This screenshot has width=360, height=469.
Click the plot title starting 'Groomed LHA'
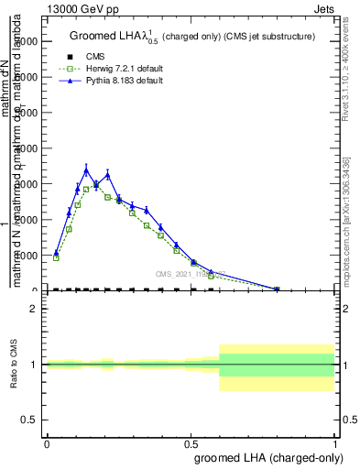point(192,37)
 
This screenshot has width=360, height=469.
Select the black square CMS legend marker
point(70,57)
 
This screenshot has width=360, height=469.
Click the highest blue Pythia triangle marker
point(86,170)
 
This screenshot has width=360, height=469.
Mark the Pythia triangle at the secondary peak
point(108,175)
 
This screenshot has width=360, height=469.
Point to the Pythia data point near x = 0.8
point(277,289)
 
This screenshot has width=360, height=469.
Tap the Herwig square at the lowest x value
point(56,257)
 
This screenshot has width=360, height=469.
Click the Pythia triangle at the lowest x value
point(56,253)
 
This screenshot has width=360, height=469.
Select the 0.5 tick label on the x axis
point(191,443)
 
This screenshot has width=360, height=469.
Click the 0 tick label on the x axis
point(47,443)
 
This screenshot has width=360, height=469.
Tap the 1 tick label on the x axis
point(334,443)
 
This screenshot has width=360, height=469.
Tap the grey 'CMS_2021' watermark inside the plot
point(191,274)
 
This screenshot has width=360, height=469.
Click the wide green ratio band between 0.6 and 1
point(277,365)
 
